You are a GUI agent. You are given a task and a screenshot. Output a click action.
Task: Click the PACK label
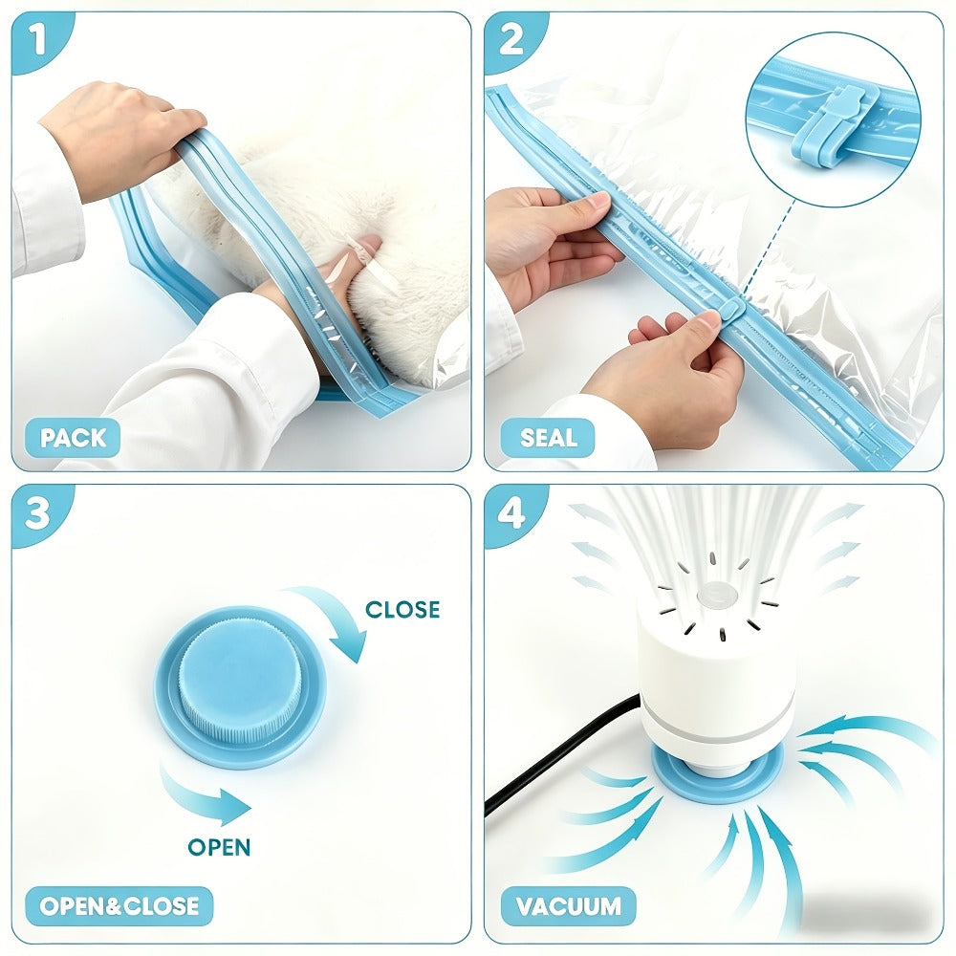click(x=73, y=438)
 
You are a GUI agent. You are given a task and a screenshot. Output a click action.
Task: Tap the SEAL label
click(x=548, y=438)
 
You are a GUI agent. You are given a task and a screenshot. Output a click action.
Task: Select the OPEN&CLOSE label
click(x=119, y=906)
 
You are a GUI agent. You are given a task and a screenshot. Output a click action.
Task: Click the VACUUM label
click(x=568, y=906)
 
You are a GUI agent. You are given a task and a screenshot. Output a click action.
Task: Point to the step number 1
click(x=37, y=39)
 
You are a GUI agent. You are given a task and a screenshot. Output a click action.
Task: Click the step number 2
click(x=511, y=39)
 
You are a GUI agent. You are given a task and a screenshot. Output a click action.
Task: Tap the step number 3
click(x=37, y=512)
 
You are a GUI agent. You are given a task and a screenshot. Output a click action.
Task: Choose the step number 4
click(x=511, y=512)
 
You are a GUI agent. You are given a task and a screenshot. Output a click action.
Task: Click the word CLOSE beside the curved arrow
click(x=402, y=609)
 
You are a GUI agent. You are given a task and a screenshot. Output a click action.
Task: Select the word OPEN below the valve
click(x=219, y=847)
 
